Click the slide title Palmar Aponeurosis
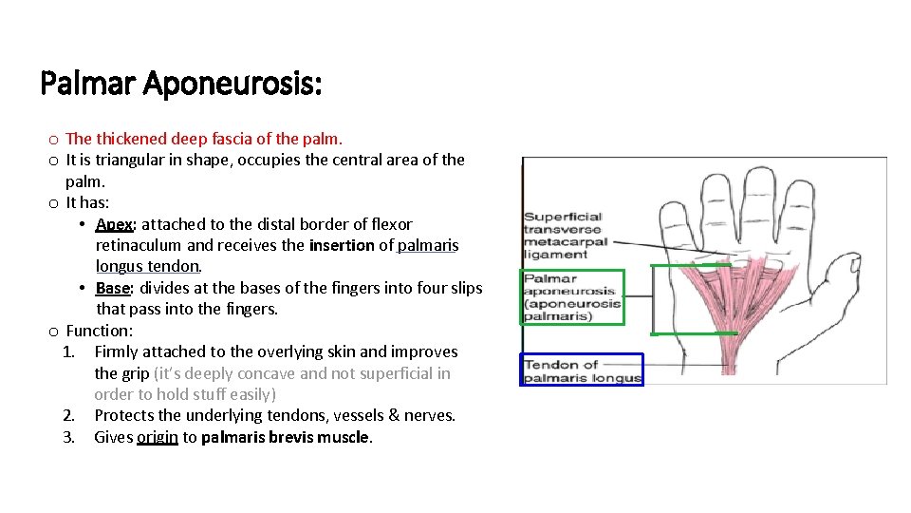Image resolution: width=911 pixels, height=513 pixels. tap(181, 85)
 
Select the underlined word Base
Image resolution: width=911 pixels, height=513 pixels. tap(112, 288)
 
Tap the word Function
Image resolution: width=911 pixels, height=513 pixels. tap(99, 331)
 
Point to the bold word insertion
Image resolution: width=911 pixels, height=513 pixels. tap(341, 245)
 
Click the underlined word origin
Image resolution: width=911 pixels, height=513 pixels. tap(157, 437)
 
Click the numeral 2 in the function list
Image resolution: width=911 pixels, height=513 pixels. tap(68, 415)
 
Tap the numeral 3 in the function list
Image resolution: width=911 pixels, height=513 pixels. tap(68, 437)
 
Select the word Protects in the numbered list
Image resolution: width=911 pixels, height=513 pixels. tap(127, 415)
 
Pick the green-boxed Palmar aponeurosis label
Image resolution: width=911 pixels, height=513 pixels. tap(572, 297)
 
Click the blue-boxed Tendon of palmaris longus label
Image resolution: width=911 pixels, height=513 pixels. tap(582, 370)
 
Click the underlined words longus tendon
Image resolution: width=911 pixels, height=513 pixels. tap(147, 266)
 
